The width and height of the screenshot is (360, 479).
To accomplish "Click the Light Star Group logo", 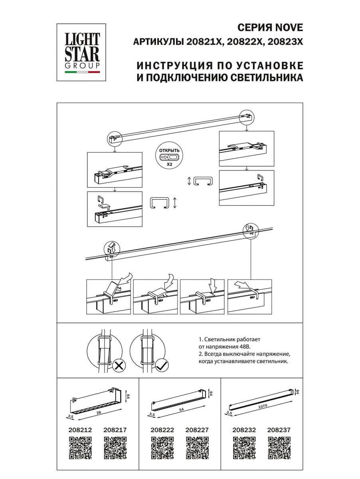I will point(83,51).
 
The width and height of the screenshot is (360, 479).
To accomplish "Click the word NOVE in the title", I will point(289,28).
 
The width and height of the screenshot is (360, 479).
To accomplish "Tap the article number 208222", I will point(162,430).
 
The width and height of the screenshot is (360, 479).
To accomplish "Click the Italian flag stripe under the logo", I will point(83,73).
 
